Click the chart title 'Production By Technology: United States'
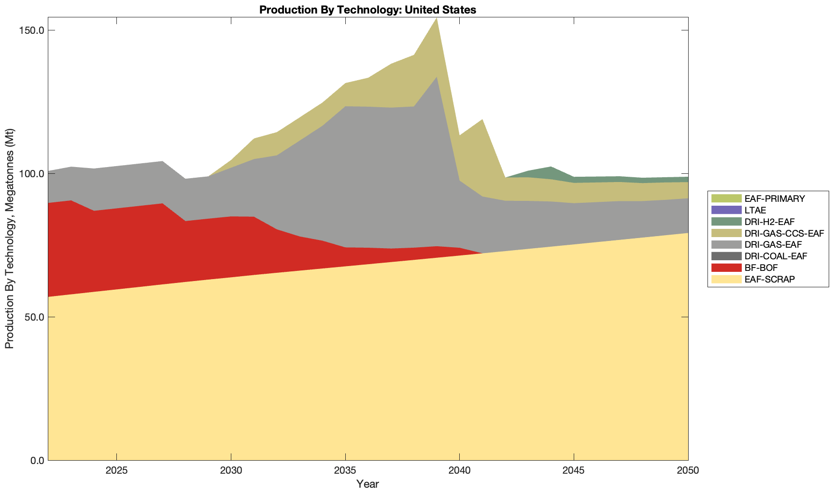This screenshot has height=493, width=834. [368, 10]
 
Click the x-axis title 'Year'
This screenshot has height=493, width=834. [368, 484]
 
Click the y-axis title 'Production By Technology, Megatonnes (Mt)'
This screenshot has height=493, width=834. [9, 239]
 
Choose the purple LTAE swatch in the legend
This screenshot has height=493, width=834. [726, 210]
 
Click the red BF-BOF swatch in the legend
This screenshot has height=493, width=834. [726, 268]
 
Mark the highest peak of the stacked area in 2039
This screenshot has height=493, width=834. [437, 18]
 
